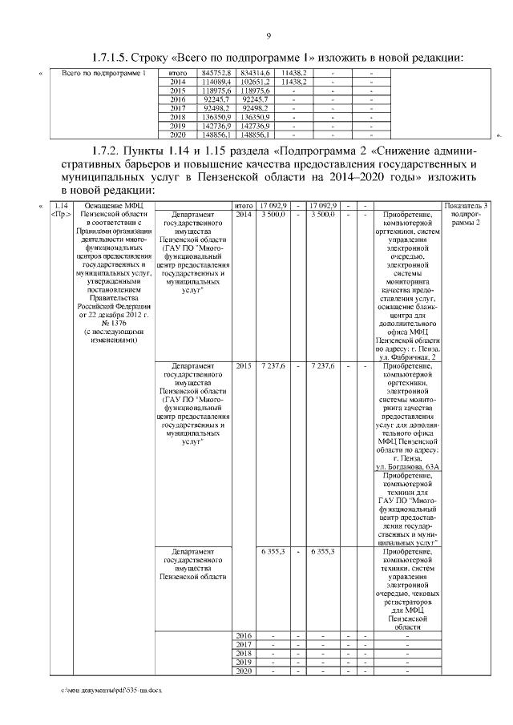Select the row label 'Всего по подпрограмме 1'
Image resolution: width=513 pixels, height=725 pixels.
99,75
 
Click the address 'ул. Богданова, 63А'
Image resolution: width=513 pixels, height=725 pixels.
406,467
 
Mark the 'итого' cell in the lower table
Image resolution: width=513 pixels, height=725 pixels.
243,207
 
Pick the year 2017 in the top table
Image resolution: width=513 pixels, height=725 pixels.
178,108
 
